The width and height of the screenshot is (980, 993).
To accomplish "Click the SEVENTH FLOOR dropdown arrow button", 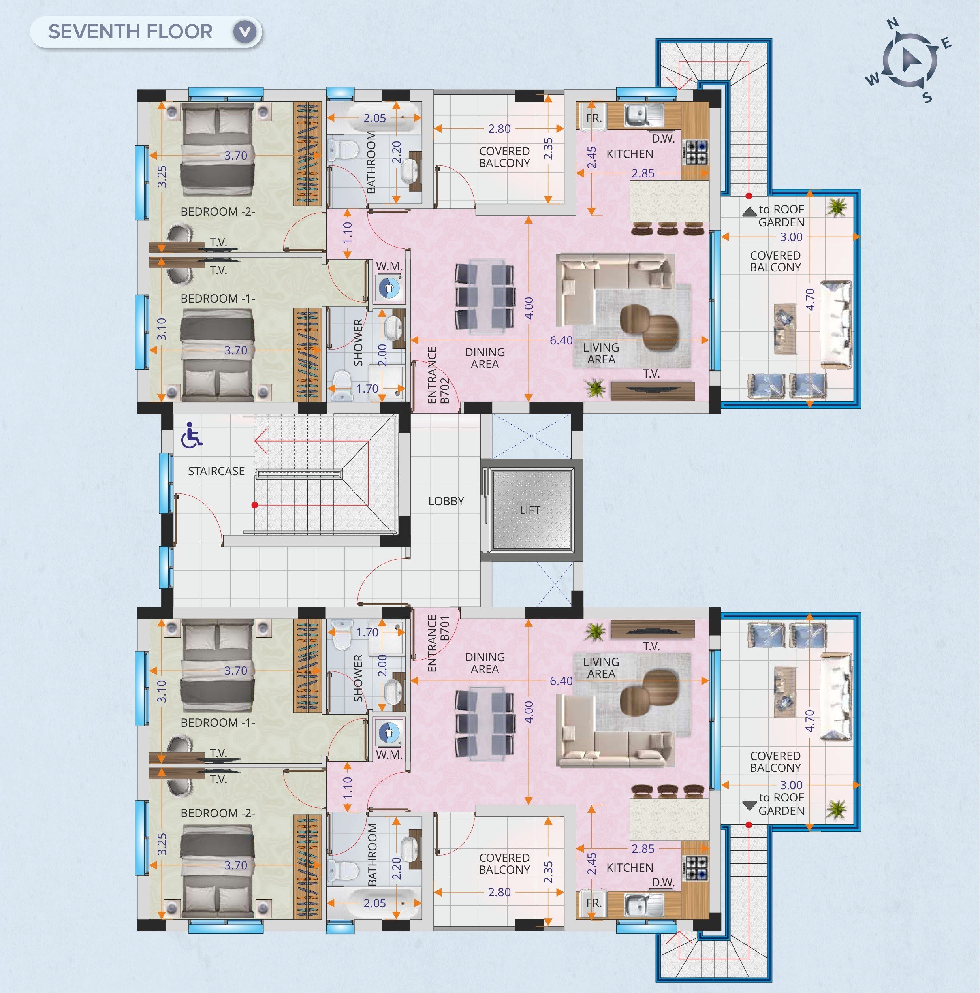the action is pyautogui.click(x=245, y=32).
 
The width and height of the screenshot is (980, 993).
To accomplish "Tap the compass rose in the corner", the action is pyautogui.click(x=909, y=61).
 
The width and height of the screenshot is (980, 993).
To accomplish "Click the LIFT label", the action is pyautogui.click(x=530, y=510).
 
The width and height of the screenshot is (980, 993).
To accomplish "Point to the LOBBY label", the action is pyautogui.click(x=446, y=501).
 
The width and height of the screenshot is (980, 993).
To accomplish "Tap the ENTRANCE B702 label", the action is pyautogui.click(x=438, y=375).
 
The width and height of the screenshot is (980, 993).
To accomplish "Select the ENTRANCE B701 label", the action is pyautogui.click(x=438, y=643).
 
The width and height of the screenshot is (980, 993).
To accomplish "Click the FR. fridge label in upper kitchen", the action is pyautogui.click(x=594, y=118).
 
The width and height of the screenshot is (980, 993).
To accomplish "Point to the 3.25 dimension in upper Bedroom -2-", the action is pyautogui.click(x=162, y=176).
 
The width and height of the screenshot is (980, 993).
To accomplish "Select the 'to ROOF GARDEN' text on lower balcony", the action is pyautogui.click(x=781, y=804).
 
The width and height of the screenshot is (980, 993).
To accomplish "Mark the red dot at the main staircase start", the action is pyautogui.click(x=254, y=505).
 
